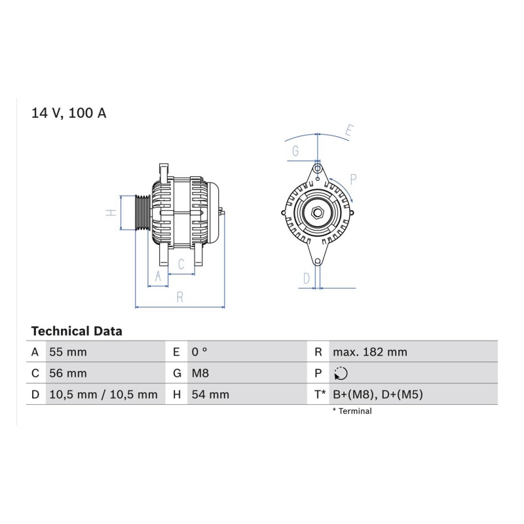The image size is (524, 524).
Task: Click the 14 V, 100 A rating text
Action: [69, 113]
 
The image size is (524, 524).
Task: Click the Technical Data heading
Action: [77, 331]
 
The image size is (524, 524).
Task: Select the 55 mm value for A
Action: [68, 352]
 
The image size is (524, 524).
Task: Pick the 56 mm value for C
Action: [68, 373]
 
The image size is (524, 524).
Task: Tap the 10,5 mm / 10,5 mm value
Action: [103, 395]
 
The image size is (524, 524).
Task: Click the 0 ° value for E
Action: [200, 352]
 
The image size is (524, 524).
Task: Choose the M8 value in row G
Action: [200, 373]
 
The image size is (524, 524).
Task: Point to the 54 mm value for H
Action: [210, 395]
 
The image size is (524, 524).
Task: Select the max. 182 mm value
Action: [370, 352]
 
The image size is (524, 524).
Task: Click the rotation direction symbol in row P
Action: [341, 373]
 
